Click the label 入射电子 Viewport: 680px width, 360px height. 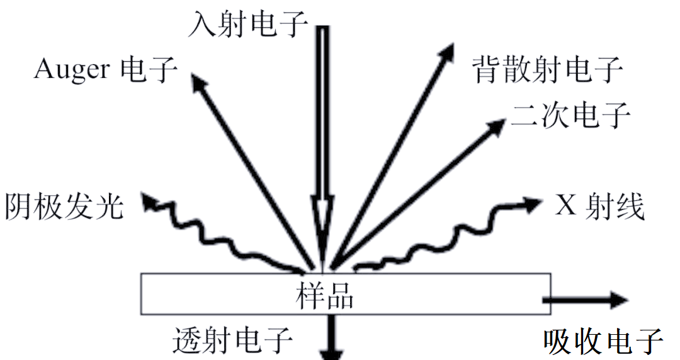coord(249,25)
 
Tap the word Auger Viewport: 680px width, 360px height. coord(72,70)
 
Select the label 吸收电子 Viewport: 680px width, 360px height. coord(603,342)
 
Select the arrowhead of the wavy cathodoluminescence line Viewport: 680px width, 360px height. coord(149,201)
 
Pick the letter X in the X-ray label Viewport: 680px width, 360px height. coord(564,206)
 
